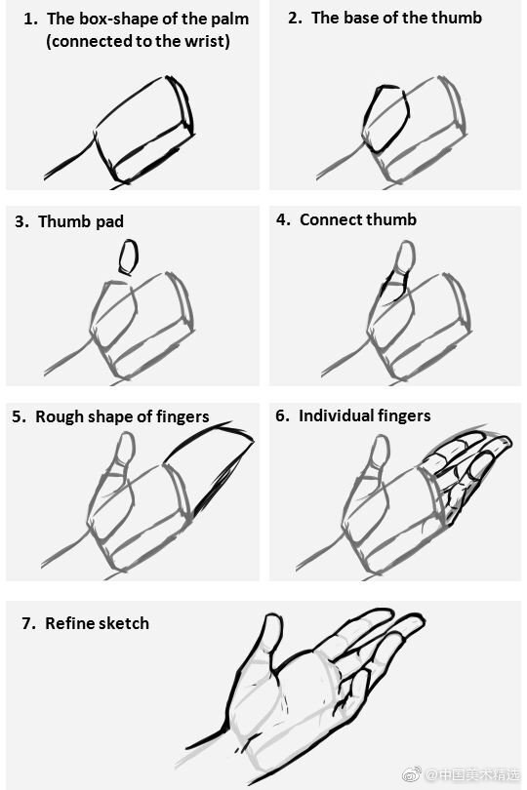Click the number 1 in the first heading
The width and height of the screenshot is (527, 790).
(29, 19)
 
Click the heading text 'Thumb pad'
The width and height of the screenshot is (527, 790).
(81, 221)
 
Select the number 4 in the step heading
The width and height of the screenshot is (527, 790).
(283, 219)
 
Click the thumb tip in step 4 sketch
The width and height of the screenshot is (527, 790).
(400, 255)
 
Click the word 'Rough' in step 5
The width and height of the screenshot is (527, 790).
(59, 416)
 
